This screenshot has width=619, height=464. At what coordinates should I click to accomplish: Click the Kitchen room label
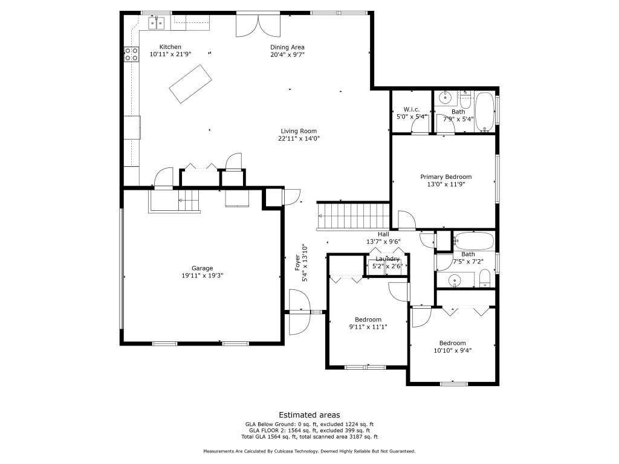(170, 47)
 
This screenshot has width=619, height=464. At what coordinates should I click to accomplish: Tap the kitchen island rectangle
(190, 84)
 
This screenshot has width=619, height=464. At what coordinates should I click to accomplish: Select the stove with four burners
(131, 54)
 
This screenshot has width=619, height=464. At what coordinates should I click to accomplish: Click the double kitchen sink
(157, 23)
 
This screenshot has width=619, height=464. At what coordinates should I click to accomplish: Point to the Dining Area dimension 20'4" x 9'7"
(287, 54)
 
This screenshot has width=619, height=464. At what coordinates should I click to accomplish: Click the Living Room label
(299, 131)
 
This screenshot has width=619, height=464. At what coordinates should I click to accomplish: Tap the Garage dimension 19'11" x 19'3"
(203, 275)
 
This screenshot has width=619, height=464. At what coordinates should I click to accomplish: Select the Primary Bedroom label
(446, 177)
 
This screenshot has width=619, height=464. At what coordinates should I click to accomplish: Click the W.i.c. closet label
(411, 109)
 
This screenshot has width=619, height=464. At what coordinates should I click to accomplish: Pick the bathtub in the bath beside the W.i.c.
(484, 112)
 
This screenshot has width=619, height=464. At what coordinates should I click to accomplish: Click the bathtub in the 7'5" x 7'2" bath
(473, 240)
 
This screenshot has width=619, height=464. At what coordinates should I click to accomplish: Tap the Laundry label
(387, 259)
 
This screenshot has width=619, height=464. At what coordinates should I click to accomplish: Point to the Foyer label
(297, 263)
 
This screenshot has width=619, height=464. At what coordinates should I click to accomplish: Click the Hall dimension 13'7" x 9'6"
(383, 242)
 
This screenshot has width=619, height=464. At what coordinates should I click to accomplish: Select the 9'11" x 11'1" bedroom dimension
(368, 327)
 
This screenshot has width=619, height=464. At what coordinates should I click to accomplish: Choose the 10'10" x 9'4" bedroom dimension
(452, 350)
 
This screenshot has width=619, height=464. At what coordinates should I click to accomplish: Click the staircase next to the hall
(354, 216)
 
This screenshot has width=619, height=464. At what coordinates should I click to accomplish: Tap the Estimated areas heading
(309, 415)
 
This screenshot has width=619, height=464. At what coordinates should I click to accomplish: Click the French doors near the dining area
(258, 25)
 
